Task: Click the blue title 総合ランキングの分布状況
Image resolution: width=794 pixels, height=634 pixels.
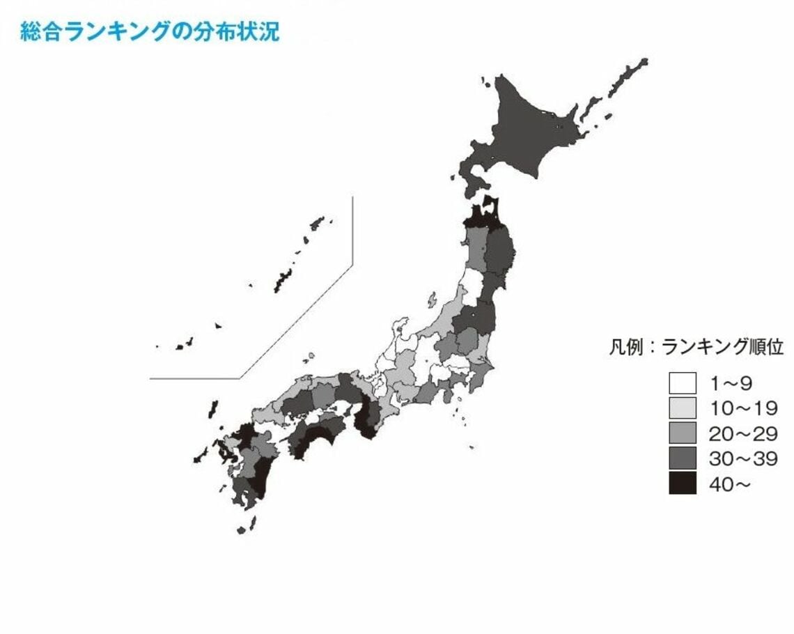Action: (150, 32)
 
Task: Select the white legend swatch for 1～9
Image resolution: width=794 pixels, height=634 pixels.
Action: (682, 382)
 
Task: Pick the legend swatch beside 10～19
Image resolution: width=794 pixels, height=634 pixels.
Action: (682, 408)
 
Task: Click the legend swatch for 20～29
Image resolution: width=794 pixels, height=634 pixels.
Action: (682, 433)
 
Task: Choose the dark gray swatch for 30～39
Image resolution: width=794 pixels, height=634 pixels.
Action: (682, 458)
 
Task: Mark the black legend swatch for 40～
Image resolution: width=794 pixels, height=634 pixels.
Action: (682, 483)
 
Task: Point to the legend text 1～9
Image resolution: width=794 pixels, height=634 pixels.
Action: (731, 382)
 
